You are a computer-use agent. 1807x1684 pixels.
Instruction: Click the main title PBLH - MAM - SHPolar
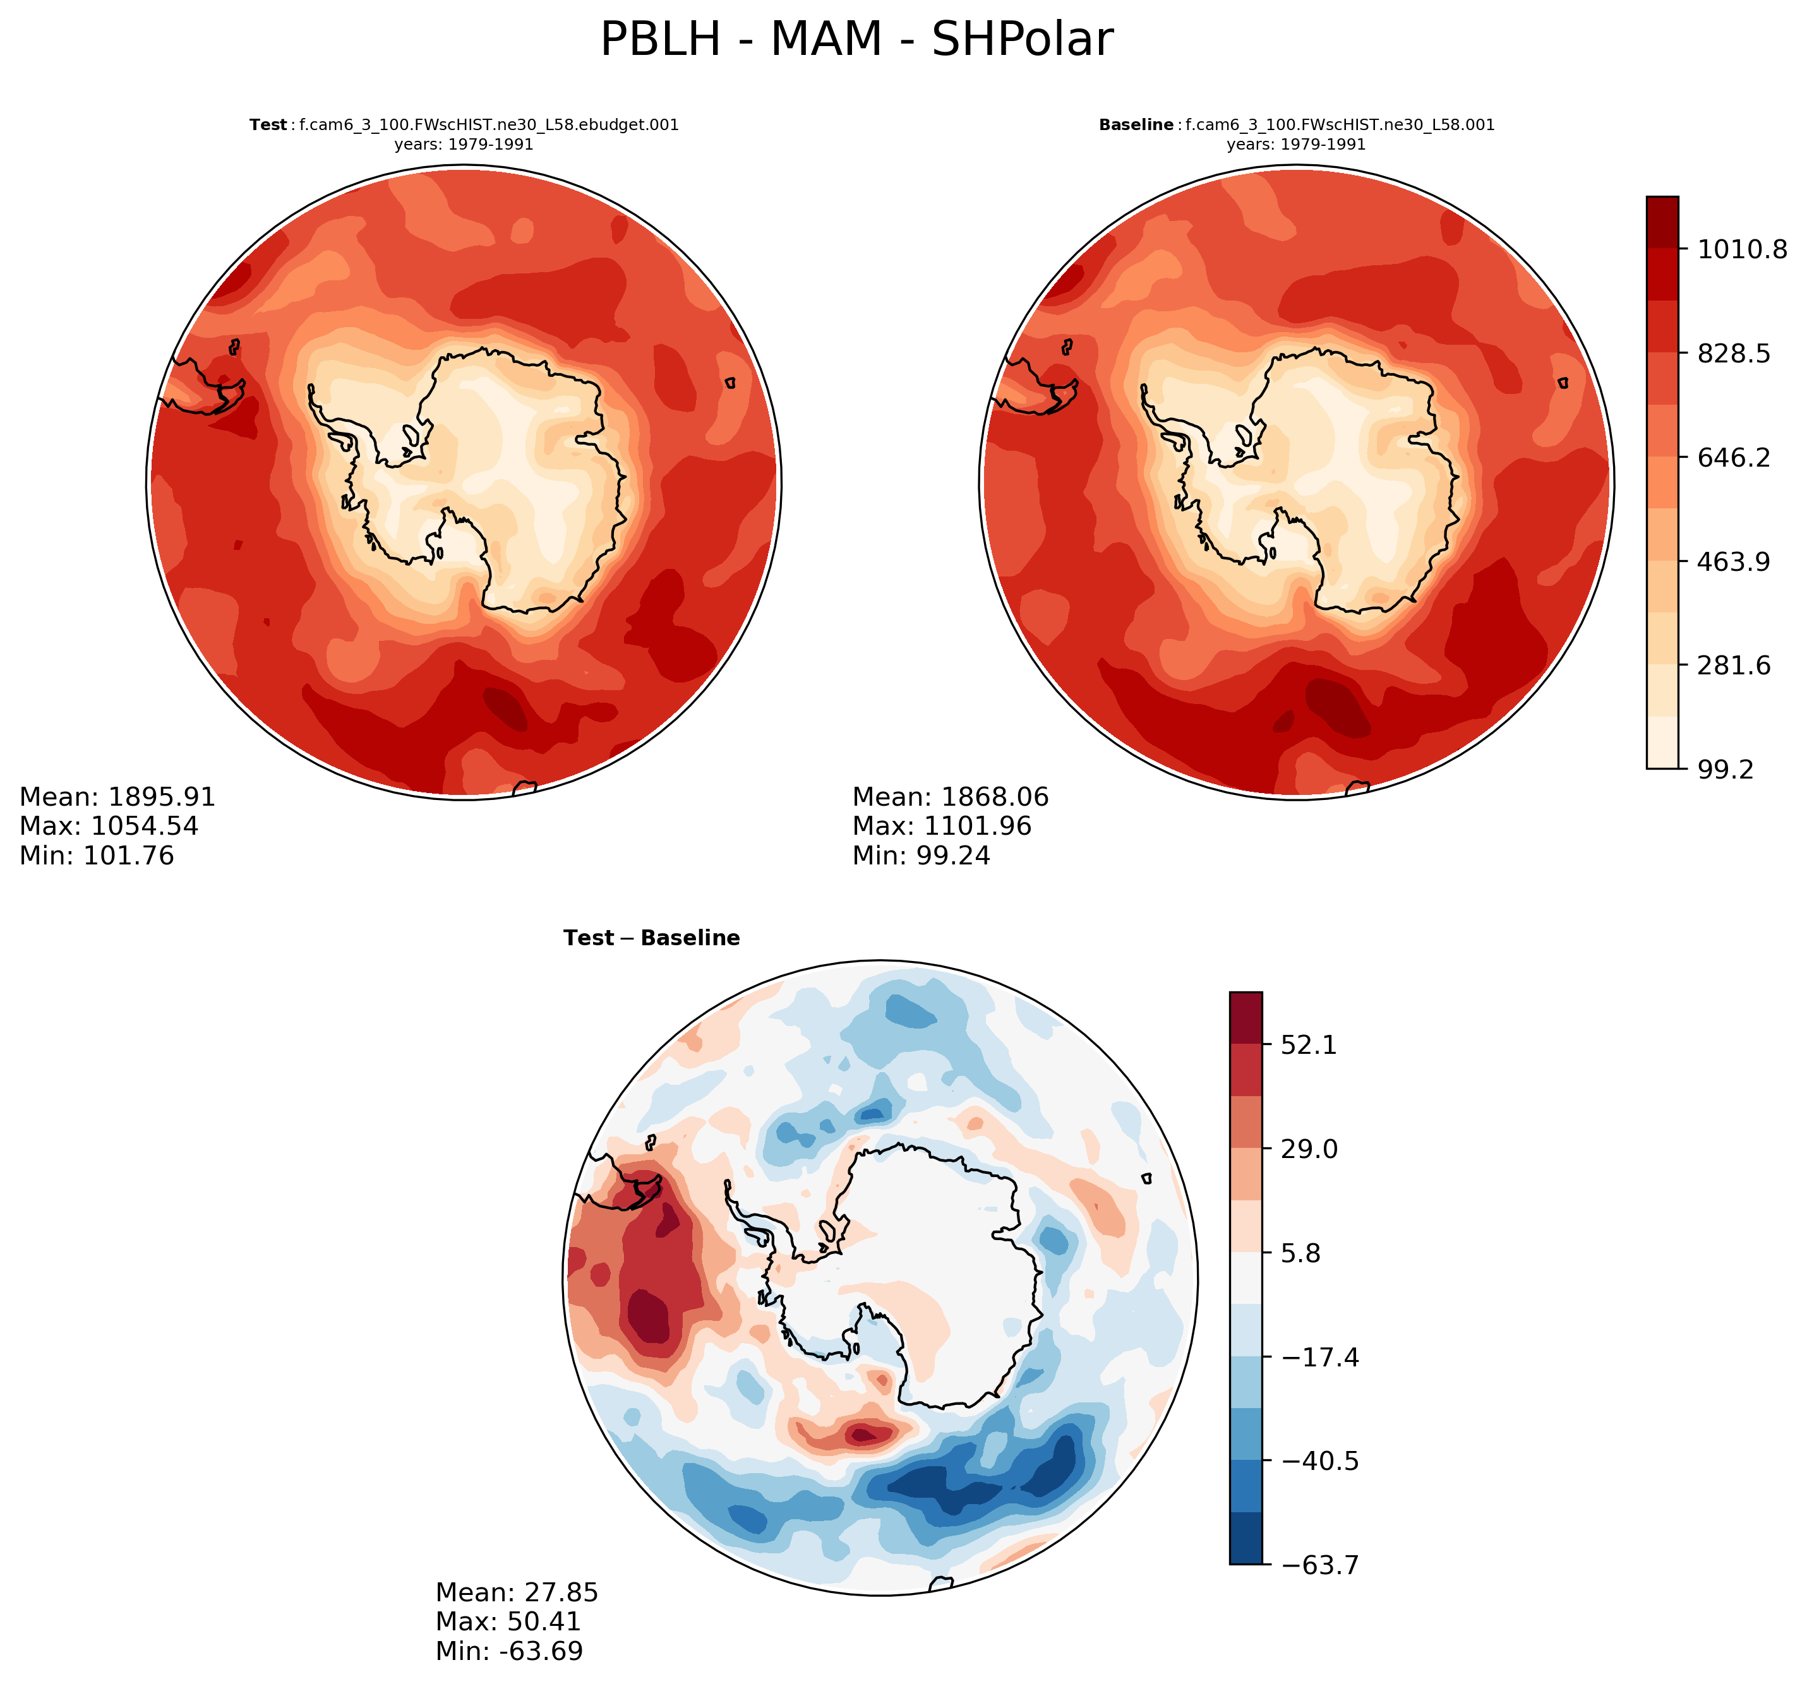(x=856, y=40)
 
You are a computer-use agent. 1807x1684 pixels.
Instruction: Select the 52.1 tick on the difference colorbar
(x=1309, y=1045)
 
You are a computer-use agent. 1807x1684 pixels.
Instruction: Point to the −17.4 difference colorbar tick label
(x=1320, y=1358)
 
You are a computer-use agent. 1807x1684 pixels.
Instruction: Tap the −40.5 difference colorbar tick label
(x=1320, y=1461)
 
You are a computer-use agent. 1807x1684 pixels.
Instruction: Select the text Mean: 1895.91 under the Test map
(x=117, y=797)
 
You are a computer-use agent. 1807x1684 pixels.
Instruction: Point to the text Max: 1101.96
(x=942, y=826)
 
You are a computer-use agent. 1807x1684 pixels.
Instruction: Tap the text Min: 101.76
(x=97, y=856)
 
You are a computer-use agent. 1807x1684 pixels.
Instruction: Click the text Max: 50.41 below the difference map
(x=508, y=1621)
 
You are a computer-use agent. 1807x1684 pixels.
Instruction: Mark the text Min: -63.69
(x=509, y=1651)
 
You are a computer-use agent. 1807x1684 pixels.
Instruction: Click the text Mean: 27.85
(x=516, y=1592)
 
